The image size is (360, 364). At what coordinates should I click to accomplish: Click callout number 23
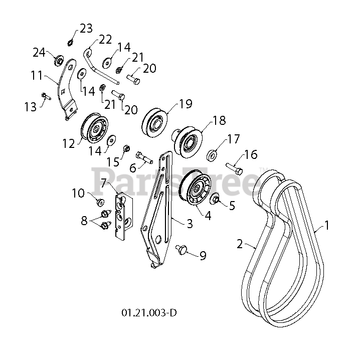(86, 28)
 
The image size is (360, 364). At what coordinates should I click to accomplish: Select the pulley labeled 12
(94, 129)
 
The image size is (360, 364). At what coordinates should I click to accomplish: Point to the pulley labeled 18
(189, 140)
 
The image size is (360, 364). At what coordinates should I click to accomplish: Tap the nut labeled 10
(99, 202)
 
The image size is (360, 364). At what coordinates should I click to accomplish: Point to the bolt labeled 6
(143, 157)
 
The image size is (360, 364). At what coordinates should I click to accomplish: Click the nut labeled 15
(127, 149)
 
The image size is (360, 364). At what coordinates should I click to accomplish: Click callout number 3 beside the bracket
(190, 224)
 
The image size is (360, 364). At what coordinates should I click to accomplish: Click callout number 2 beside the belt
(240, 244)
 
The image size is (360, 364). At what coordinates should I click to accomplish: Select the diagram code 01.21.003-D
(149, 313)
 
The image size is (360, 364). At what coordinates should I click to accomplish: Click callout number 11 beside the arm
(37, 76)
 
